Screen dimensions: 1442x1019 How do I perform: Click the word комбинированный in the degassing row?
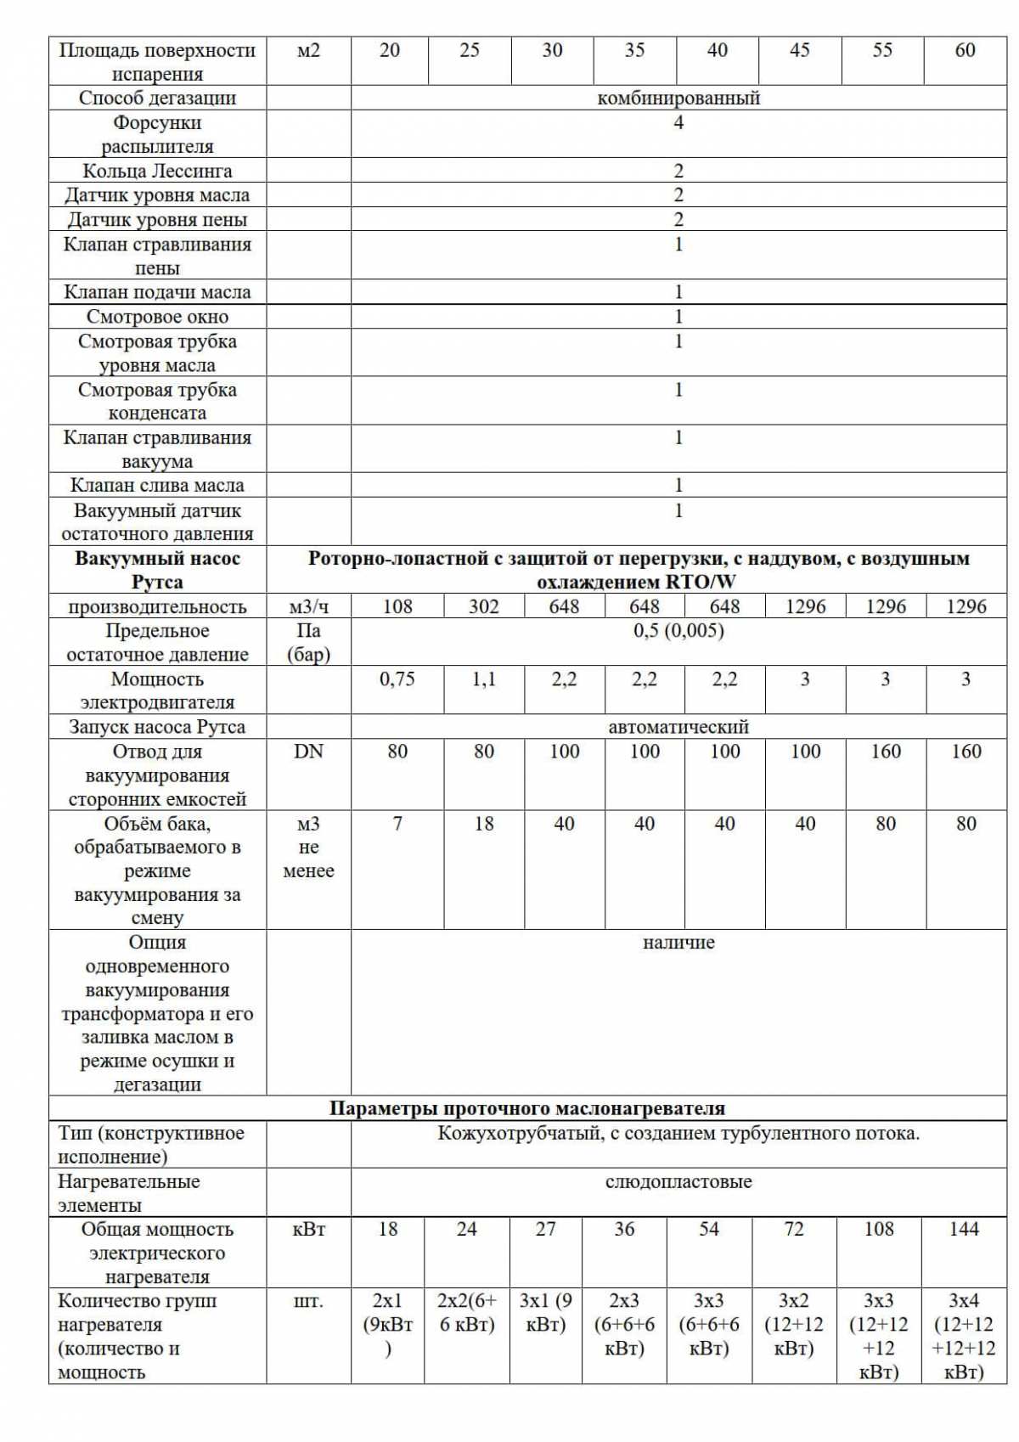[678, 99]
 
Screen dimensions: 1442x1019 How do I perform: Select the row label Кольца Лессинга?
[157, 172]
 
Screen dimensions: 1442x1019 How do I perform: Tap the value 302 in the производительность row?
[483, 607]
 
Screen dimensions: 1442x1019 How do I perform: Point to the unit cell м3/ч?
[308, 607]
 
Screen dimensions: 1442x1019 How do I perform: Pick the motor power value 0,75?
[397, 679]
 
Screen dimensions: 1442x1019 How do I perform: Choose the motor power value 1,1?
[483, 679]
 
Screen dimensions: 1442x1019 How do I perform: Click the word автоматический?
[678, 728]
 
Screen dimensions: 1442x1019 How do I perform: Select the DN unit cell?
[308, 752]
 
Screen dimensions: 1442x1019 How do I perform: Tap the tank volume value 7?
[397, 825]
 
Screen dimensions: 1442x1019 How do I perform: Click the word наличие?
[678, 943]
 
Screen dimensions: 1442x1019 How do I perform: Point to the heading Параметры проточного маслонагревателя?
[526, 1109]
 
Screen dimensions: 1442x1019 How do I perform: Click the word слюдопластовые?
[678, 1182]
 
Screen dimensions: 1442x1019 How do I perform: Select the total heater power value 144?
[963, 1230]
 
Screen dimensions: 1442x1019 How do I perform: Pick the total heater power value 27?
[545, 1230]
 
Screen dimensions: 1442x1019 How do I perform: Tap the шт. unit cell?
[308, 1302]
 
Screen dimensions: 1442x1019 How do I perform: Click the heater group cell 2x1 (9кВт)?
[387, 1325]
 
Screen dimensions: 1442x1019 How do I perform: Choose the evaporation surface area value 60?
[965, 51]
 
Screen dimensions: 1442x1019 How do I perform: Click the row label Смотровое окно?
[157, 318]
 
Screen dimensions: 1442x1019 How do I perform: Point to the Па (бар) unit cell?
[308, 643]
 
